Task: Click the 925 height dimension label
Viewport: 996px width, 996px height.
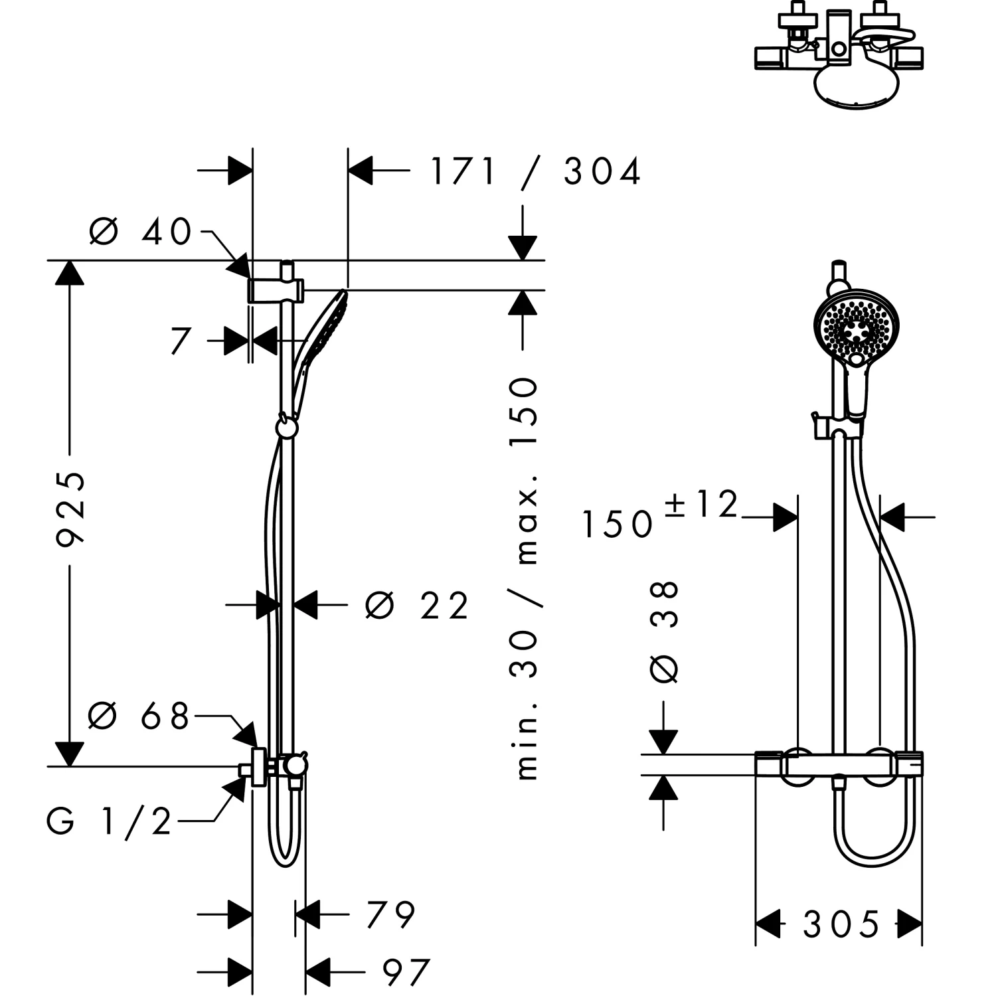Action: point(70,509)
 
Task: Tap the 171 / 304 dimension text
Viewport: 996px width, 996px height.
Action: point(536,171)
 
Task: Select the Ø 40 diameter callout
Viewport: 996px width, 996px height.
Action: point(140,232)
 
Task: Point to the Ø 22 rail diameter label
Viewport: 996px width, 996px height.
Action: point(418,605)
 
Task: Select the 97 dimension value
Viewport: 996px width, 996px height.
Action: point(406,973)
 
